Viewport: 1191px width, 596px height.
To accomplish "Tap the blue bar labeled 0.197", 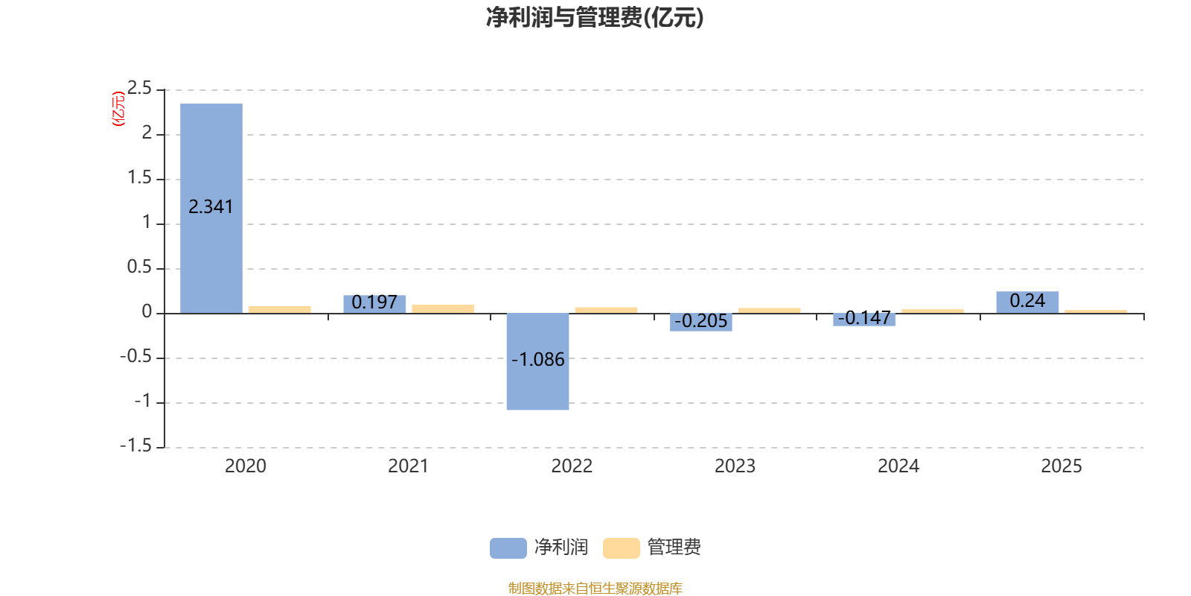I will click(374, 303).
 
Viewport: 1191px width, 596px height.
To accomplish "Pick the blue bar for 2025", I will click(1027, 302).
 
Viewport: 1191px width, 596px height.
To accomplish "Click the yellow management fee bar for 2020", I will click(280, 308).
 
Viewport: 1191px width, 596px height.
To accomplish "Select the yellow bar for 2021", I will click(443, 308).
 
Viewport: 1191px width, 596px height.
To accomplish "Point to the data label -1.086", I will click(538, 360).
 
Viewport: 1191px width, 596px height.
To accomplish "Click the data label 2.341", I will click(211, 207).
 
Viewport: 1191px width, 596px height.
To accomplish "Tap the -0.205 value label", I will click(700, 321).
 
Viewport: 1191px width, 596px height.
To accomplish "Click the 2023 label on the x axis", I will click(735, 466).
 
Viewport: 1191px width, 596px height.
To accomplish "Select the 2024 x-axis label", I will click(898, 466).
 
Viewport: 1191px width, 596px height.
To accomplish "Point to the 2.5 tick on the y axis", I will click(139, 89).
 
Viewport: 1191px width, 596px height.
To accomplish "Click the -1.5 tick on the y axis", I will click(135, 446).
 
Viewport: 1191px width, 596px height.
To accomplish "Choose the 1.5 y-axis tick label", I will click(139, 178).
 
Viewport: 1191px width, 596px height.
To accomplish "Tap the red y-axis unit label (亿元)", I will click(118, 109).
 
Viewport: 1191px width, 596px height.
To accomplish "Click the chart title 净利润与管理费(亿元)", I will click(595, 17).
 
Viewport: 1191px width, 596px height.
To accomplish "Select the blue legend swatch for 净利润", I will click(508, 548).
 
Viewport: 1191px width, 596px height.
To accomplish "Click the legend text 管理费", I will click(674, 548).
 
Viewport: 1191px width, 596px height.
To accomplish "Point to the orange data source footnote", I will click(595, 589).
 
